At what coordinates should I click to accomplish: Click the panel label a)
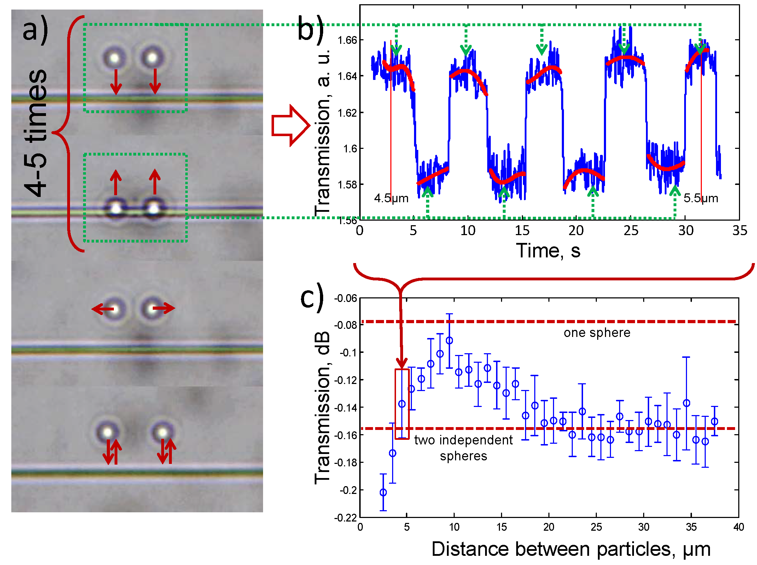[35, 30]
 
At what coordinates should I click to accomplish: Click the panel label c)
[312, 297]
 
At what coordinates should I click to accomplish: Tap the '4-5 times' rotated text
[35, 133]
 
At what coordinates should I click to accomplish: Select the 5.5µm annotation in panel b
[701, 198]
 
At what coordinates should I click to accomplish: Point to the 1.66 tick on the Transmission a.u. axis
[347, 40]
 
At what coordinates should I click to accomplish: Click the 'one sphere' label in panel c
[597, 333]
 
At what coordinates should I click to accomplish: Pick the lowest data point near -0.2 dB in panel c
[383, 492]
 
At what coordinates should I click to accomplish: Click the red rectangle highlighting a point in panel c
[402, 404]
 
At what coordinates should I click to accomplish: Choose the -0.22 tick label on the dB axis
[346, 518]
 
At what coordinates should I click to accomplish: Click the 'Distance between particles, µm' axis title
[571, 549]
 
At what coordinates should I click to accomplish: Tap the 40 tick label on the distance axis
[738, 527]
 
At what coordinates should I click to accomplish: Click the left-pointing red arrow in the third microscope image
[103, 309]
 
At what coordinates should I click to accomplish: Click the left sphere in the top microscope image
[114, 58]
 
